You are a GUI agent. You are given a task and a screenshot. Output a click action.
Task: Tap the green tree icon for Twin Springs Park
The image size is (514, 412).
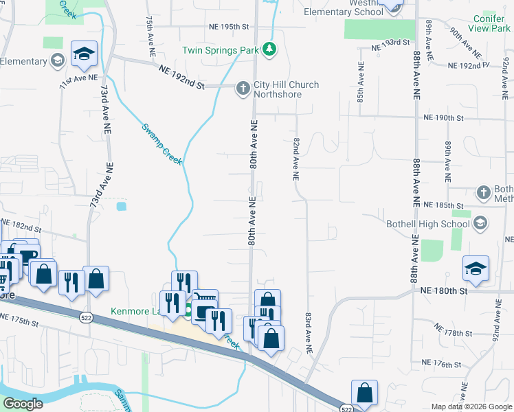[271, 49]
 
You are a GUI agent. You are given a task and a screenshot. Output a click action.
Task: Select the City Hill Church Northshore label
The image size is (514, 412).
[286, 89]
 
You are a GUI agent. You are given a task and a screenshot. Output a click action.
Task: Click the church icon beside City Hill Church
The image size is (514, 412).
[242, 88]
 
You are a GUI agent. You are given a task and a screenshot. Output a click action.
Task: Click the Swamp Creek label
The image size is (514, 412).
[161, 143]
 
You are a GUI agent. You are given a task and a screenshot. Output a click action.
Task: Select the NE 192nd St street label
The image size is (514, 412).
[181, 76]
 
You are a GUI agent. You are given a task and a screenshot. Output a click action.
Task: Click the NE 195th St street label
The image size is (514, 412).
[228, 26]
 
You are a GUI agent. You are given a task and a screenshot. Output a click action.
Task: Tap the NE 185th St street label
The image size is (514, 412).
[445, 205]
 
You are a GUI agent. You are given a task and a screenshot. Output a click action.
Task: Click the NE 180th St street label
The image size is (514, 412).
[444, 291]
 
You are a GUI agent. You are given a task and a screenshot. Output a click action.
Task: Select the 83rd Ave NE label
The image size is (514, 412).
[309, 333]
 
